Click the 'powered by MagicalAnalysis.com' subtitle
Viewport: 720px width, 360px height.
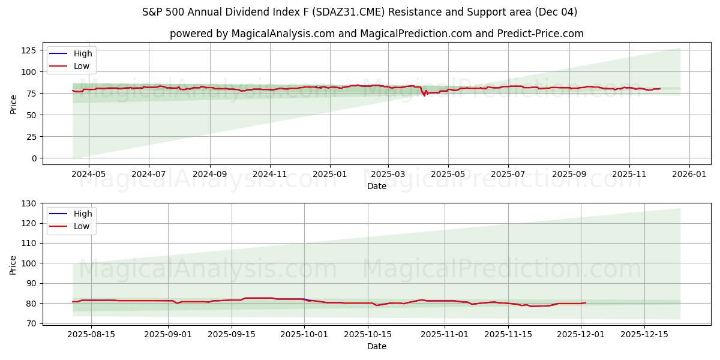[376, 34]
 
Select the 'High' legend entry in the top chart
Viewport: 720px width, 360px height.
[82, 53]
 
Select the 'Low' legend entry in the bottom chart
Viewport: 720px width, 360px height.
[82, 226]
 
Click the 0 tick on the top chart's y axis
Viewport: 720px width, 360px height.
[34, 158]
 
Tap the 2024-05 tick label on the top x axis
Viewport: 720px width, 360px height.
[89, 175]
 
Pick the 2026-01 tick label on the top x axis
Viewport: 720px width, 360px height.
[689, 175]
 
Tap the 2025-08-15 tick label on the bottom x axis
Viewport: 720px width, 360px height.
[91, 334]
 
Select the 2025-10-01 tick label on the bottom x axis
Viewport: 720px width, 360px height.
[304, 334]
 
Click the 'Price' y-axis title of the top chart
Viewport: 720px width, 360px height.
[13, 103]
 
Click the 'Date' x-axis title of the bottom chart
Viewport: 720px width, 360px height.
[376, 346]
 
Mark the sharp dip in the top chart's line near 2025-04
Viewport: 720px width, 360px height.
[424, 95]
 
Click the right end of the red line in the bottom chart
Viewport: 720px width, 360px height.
[586, 302]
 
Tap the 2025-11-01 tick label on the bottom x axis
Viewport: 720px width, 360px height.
[445, 334]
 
